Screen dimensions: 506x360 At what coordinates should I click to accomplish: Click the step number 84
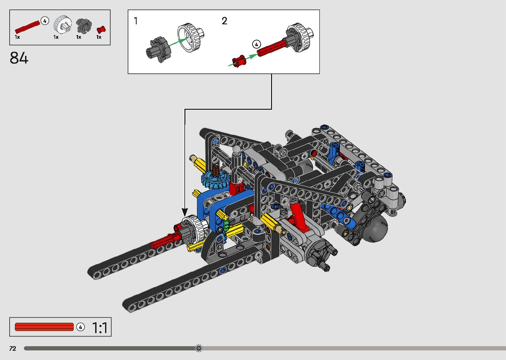tap(19, 58)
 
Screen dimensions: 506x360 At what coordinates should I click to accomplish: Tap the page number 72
tap(13, 348)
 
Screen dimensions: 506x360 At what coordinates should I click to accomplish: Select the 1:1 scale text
tap(100, 328)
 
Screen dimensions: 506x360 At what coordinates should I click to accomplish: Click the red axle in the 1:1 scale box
tap(44, 327)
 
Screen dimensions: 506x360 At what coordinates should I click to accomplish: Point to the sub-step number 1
tap(136, 21)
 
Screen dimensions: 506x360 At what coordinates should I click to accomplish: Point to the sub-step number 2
tap(224, 21)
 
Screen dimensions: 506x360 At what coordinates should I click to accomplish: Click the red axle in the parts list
tap(27, 27)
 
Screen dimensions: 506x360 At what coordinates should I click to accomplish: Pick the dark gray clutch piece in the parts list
tap(84, 25)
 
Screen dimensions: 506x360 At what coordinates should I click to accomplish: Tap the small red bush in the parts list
tap(101, 30)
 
